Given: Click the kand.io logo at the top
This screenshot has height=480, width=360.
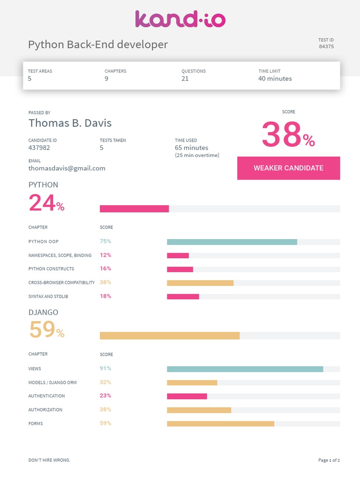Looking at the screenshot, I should (x=180, y=19).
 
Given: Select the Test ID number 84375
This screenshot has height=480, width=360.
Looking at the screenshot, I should (x=326, y=46).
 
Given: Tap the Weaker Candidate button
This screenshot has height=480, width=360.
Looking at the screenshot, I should (x=288, y=168).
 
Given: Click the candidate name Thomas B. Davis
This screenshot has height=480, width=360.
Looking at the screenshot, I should (x=70, y=123).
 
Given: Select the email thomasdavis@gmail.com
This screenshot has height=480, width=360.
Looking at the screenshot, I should (x=67, y=168).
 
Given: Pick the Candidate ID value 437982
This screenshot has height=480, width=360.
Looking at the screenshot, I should (x=39, y=148).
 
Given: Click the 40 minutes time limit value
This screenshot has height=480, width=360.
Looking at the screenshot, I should (x=275, y=79).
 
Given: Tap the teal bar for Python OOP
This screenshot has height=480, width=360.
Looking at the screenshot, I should (x=232, y=242).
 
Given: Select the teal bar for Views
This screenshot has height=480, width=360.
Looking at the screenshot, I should (x=245, y=369).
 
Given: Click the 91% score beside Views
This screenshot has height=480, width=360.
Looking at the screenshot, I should (x=105, y=368).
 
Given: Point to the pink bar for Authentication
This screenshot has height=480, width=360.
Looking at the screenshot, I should (x=187, y=396).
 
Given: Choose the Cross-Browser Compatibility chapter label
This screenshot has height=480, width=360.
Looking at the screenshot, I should (x=61, y=283).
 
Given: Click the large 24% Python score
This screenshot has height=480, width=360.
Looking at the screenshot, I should (x=46, y=203).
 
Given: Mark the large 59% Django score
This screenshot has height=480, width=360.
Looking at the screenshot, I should (x=46, y=330).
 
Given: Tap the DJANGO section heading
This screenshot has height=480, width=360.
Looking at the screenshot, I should (x=43, y=312).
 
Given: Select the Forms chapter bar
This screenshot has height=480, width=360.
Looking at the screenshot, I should (x=220, y=424).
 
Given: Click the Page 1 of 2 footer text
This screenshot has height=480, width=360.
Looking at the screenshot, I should (x=329, y=460).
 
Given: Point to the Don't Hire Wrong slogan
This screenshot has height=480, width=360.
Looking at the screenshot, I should (x=49, y=460).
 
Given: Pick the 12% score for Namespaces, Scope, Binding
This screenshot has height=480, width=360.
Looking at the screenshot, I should (x=105, y=255).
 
